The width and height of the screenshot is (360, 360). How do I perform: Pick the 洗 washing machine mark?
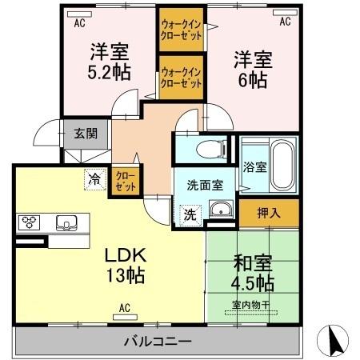coord(190,214)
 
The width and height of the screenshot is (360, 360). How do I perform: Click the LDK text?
coord(126,257)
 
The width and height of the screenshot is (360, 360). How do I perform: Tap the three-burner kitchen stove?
coord(30,222)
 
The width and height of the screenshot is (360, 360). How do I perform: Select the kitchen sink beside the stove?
coord(64,222)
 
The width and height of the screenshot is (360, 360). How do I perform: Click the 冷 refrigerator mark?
coord(96,180)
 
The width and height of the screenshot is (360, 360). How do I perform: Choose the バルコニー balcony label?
coord(157,342)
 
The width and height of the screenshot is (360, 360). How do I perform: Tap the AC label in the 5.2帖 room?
coord(79,23)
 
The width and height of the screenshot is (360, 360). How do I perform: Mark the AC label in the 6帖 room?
coord(284,23)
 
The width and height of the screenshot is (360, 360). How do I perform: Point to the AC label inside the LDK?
coord(125,306)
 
